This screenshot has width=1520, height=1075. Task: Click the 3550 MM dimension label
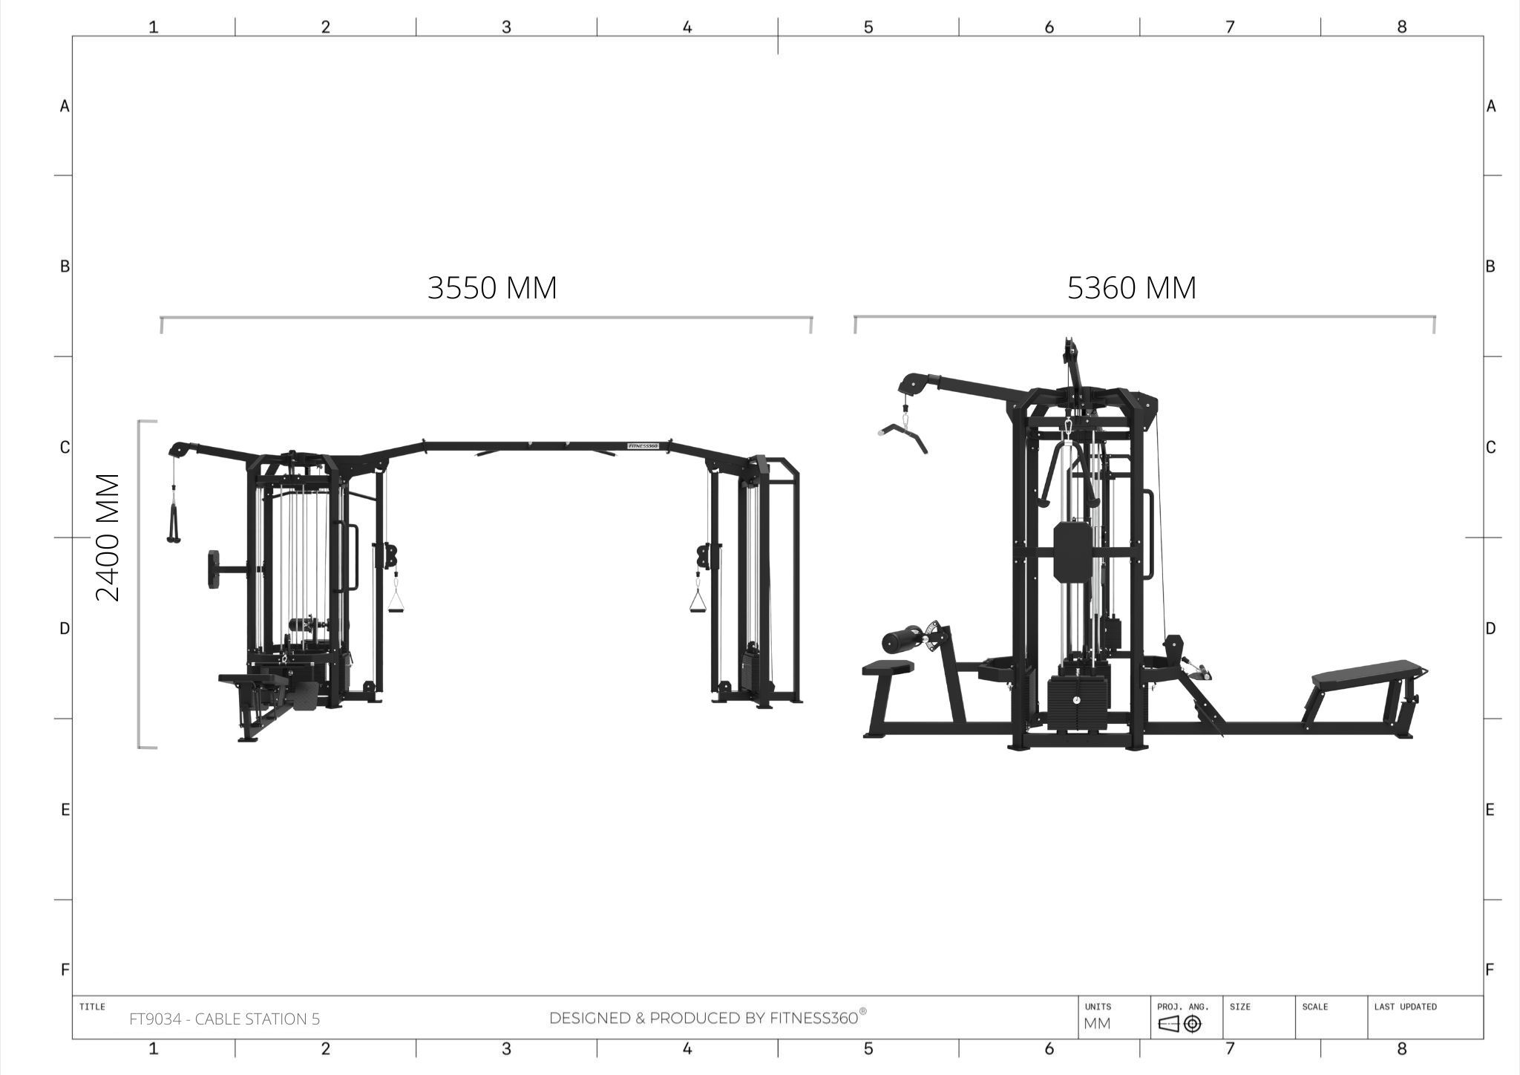tap(492, 288)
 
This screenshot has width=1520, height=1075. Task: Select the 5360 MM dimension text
tap(1132, 288)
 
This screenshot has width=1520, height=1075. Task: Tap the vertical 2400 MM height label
tap(108, 537)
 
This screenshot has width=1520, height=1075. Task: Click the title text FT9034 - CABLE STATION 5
tap(225, 1019)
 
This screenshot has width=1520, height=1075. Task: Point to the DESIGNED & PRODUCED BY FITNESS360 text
tap(707, 1018)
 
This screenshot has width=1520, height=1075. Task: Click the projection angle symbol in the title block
tap(1180, 1024)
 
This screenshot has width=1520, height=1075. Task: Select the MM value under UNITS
tap(1097, 1024)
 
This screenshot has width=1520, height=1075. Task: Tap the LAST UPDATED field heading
tap(1405, 1007)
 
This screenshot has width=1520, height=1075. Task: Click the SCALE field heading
tap(1314, 1007)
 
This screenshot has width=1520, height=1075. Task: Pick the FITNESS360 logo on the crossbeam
tap(643, 446)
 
